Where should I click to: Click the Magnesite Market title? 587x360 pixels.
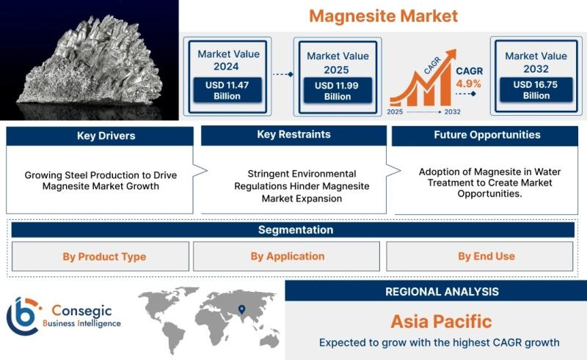point(383,16)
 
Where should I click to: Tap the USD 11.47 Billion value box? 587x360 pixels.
point(227,90)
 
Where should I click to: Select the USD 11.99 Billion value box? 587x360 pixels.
point(338,91)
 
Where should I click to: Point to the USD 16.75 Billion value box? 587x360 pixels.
point(536,89)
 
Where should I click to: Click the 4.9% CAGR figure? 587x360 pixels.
point(468,84)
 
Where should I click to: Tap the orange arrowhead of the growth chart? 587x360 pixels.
point(451,54)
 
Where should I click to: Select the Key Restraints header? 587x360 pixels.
point(293,135)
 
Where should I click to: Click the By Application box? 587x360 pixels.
point(286,257)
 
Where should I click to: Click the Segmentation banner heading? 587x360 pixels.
point(296,229)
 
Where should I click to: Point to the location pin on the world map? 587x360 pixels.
point(242,309)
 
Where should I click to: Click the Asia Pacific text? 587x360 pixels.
point(442,321)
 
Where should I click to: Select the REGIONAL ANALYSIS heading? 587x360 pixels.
point(442,292)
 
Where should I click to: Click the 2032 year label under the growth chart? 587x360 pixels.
point(452,112)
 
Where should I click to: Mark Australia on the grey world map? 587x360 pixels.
point(269,339)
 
